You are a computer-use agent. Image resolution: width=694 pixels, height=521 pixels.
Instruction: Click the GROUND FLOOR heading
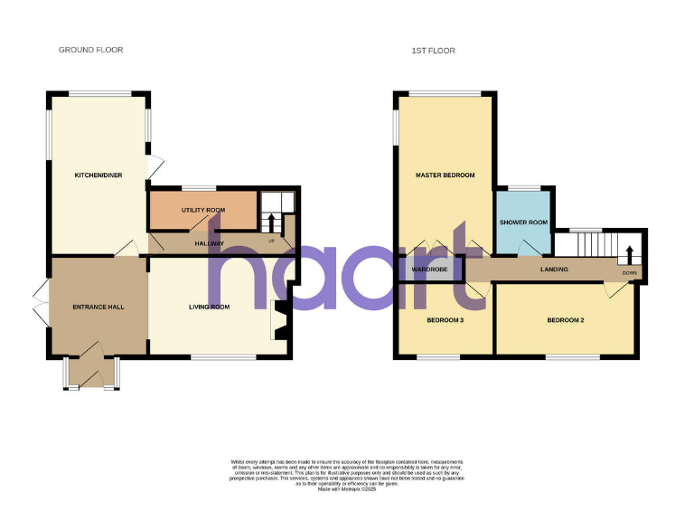[x=91, y=50]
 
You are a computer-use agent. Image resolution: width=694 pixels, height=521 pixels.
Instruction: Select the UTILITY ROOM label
[x=202, y=210]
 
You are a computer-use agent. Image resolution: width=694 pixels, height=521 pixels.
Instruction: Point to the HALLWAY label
[x=210, y=243]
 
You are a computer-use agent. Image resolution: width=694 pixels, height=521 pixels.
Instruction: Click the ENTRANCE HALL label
[x=98, y=307]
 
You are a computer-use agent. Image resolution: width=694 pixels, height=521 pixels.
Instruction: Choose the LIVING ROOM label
[x=209, y=307]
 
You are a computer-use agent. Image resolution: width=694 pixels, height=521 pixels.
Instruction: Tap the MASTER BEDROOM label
[x=445, y=175]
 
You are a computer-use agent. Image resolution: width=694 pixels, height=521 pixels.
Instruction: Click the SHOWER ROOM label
[x=523, y=223]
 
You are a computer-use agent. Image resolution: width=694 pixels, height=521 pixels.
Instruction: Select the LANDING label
[x=554, y=269]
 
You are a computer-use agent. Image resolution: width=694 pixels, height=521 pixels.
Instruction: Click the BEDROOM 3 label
[x=445, y=319]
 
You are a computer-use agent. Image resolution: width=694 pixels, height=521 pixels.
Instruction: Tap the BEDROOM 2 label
[x=566, y=319]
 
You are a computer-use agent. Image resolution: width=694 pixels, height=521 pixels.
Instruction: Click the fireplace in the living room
[x=279, y=320]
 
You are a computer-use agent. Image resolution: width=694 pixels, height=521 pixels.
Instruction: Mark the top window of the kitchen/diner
[x=100, y=93]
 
